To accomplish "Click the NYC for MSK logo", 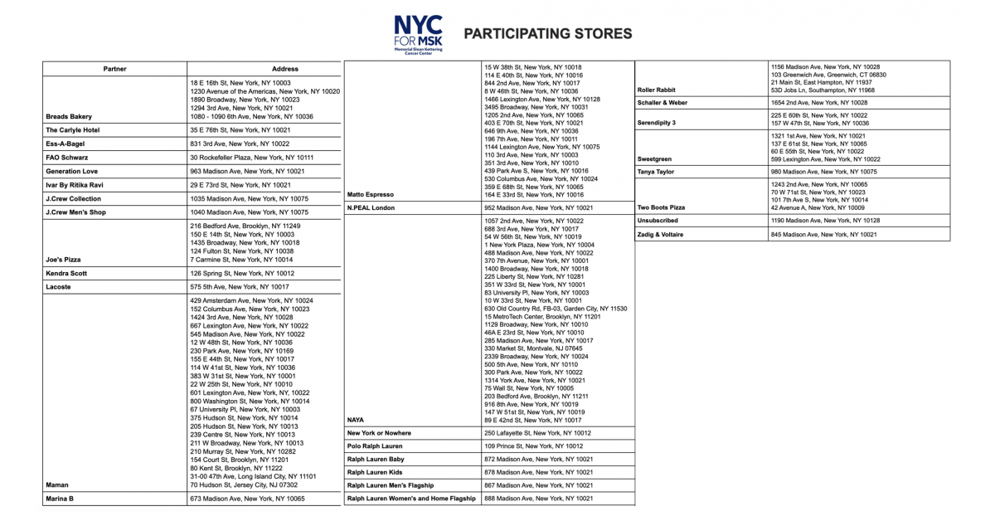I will (419, 33).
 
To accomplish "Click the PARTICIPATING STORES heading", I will (547, 34).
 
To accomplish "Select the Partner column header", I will (114, 69).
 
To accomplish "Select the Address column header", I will (284, 69).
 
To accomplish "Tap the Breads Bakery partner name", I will (69, 117).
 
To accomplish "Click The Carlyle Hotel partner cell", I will (73, 130).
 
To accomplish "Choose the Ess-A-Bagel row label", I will (67, 144).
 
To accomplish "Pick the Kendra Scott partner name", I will (69, 273).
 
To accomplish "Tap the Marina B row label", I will (60, 499).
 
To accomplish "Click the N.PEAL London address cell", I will (538, 207).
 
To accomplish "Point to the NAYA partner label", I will (356, 420).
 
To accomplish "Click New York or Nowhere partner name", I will (379, 433).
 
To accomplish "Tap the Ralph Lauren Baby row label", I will (376, 459).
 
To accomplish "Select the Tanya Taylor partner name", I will (655, 172).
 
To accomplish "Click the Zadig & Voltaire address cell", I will (823, 235).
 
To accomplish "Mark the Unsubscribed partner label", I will (658, 221).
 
